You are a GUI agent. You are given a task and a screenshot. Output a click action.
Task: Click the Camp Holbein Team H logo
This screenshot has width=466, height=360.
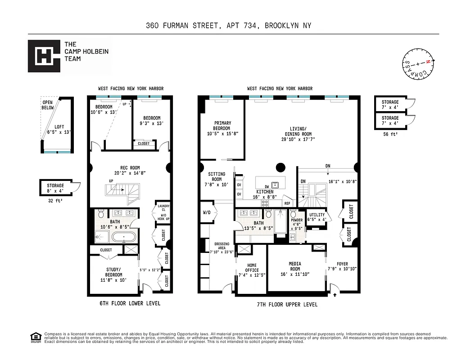[44, 56]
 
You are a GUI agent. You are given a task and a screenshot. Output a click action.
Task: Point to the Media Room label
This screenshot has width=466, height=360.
[295, 269]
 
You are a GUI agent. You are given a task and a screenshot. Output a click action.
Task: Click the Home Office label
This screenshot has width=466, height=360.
[252, 270]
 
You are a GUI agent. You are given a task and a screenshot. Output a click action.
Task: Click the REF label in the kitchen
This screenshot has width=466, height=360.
[287, 203]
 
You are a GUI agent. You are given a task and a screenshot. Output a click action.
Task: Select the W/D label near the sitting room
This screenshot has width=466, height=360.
[207, 213]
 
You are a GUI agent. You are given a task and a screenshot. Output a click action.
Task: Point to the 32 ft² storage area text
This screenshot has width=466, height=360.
[54, 202]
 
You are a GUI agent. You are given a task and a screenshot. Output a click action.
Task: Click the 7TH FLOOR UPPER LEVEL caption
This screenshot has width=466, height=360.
[287, 305]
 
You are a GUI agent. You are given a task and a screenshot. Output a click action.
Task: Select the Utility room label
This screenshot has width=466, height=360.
[317, 217]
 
